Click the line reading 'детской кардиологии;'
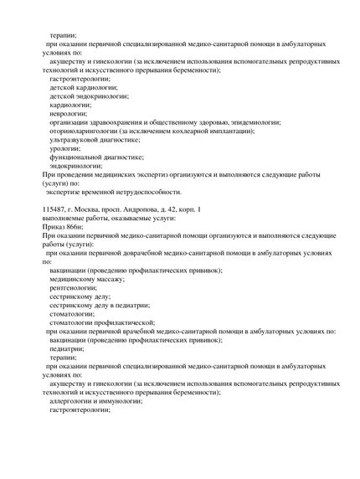point(84,87)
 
